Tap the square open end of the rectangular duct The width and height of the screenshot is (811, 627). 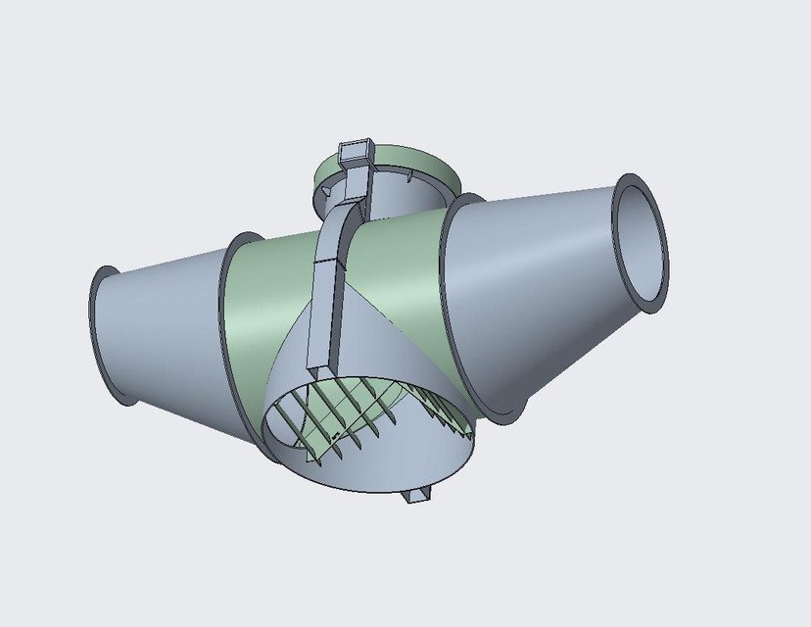coord(354,153)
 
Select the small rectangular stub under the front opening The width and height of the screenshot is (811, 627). coord(417,495)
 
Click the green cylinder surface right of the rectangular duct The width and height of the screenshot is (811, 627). coord(392,255)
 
